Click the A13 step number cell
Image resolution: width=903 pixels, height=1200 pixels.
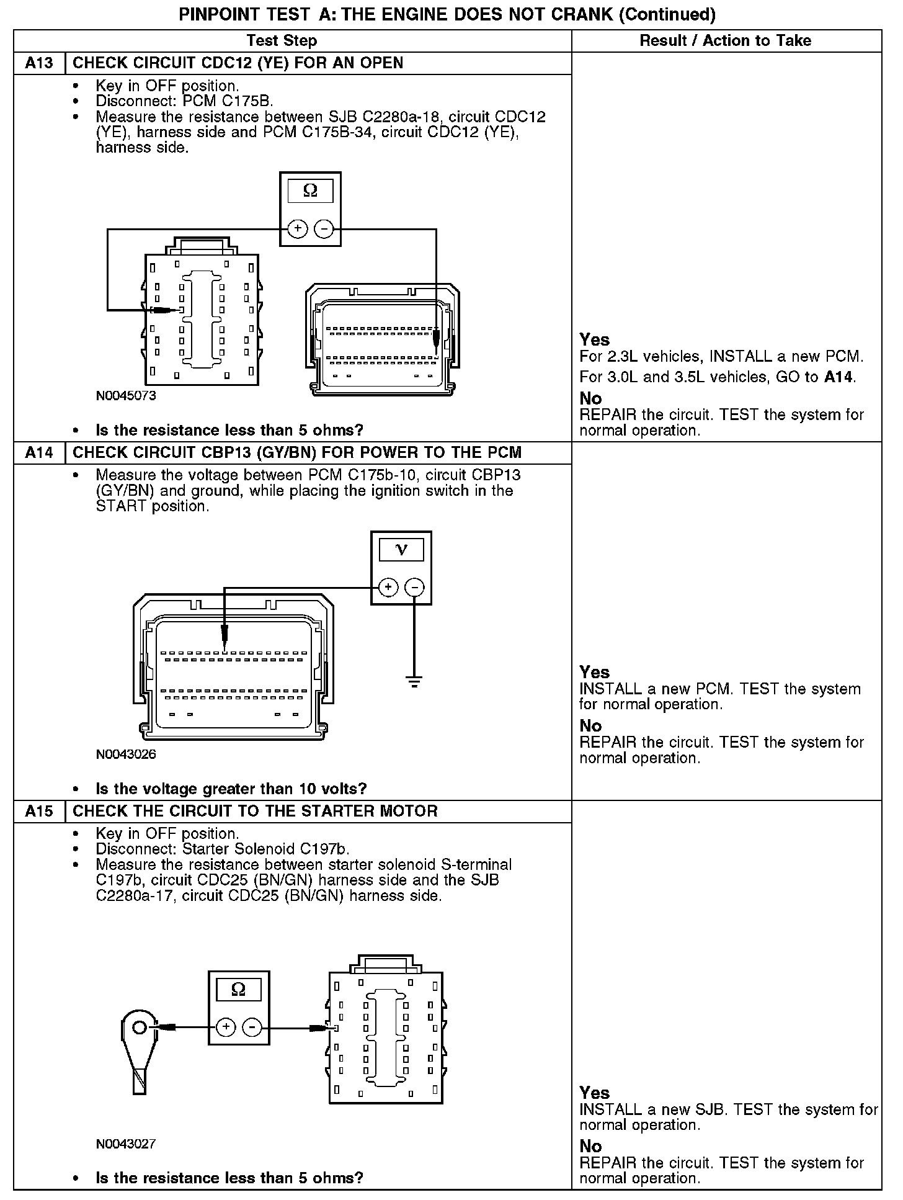click(x=39, y=63)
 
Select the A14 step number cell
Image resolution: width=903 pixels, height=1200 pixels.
click(x=39, y=452)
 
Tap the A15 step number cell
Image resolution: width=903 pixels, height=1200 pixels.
click(x=39, y=811)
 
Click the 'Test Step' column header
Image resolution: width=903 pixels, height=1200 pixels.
click(x=282, y=41)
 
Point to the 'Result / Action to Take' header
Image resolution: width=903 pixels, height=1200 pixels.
click(x=725, y=41)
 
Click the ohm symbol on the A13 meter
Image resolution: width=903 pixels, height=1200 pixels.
click(x=310, y=191)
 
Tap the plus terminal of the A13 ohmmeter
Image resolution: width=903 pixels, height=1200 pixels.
click(x=298, y=229)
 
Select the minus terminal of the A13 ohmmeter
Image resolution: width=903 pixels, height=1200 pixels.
click(x=324, y=229)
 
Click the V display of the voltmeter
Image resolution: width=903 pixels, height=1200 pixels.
click(x=401, y=550)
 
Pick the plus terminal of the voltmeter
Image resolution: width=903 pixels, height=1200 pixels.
click(x=388, y=587)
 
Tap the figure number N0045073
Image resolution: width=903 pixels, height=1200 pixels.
click(x=126, y=396)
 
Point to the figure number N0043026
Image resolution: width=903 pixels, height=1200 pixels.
click(x=126, y=754)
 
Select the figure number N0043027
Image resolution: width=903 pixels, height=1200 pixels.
click(x=126, y=1144)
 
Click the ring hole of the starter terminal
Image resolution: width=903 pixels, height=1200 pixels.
click(x=140, y=1028)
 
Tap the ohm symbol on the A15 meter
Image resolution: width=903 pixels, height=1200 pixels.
click(x=238, y=990)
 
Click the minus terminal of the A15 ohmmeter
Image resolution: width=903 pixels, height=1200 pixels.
click(x=252, y=1028)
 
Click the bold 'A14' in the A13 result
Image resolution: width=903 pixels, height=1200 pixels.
click(x=838, y=377)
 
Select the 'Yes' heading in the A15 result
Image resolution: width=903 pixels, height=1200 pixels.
click(x=594, y=1093)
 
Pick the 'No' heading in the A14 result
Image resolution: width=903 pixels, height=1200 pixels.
click(x=590, y=726)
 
